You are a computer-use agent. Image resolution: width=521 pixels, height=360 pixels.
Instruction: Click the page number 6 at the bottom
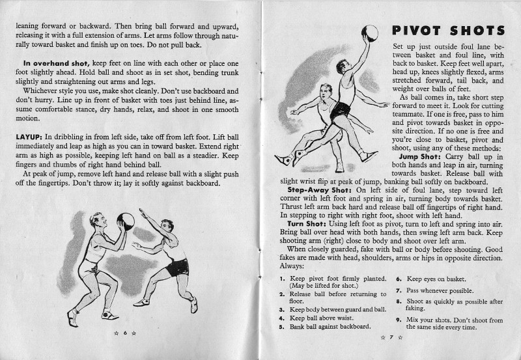click(x=124, y=333)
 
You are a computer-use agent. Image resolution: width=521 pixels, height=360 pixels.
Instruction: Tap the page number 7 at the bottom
click(x=391, y=337)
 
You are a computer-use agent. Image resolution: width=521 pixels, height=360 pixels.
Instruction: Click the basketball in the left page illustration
click(x=126, y=221)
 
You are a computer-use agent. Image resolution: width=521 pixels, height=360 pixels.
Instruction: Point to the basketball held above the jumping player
click(x=369, y=33)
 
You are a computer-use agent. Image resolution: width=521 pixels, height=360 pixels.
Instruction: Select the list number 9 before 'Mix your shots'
click(x=398, y=320)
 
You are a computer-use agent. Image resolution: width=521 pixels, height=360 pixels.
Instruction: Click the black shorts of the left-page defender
click(x=176, y=267)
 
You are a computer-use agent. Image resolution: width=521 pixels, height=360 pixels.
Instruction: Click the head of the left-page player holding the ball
click(x=97, y=220)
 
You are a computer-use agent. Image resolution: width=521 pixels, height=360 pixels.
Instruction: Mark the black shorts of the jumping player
click(x=340, y=111)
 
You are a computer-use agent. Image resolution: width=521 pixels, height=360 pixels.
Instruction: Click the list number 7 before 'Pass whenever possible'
click(x=398, y=290)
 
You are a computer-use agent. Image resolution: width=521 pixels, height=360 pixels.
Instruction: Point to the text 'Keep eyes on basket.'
click(x=437, y=279)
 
